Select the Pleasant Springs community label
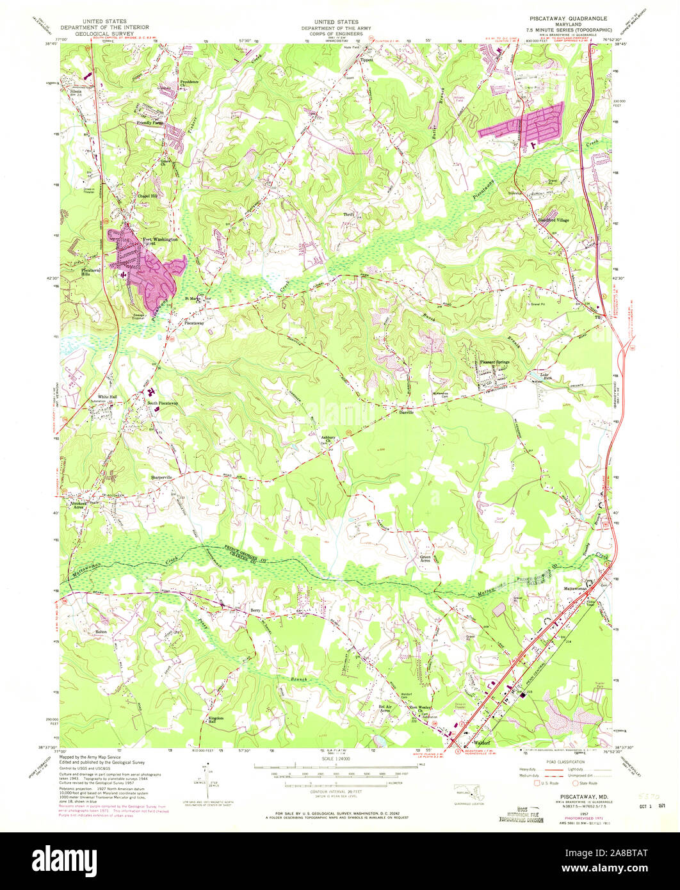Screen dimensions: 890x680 [x=495, y=362]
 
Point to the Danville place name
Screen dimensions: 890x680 [x=407, y=413]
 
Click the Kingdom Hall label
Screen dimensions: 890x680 [x=216, y=720]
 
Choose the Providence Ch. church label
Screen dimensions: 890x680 [x=189, y=84]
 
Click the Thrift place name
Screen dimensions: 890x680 [x=349, y=214]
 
